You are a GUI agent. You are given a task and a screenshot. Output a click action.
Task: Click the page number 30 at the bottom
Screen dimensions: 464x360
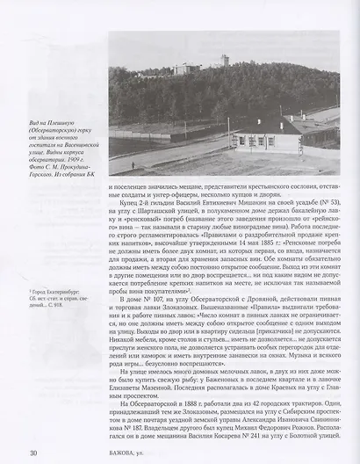tap(32, 452)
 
